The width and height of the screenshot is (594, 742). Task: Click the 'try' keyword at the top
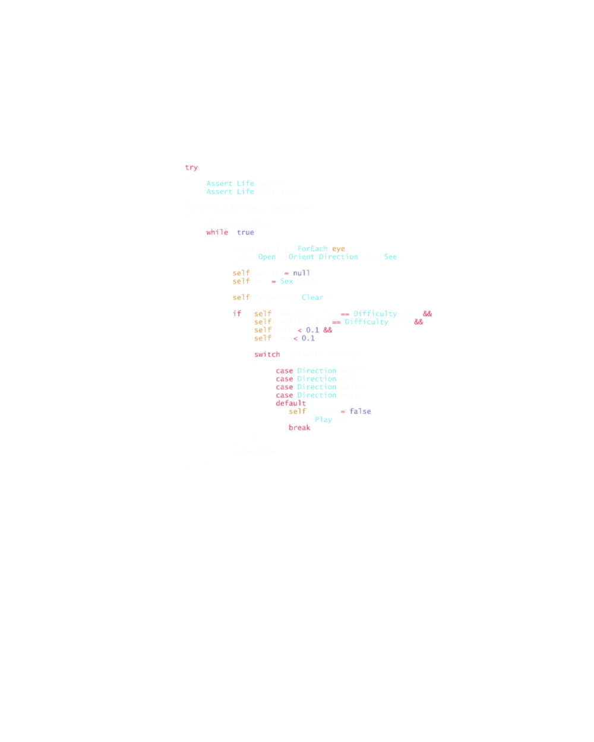tap(192, 168)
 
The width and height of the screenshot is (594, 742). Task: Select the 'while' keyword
tap(217, 233)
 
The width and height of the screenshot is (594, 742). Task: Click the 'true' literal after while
tap(245, 233)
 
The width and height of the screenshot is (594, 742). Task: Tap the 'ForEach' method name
tap(312, 249)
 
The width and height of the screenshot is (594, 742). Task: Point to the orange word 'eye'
tap(338, 249)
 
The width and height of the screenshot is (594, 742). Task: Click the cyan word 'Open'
tap(267, 257)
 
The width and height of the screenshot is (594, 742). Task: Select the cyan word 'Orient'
tap(301, 257)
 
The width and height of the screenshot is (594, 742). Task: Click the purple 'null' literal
tap(302, 273)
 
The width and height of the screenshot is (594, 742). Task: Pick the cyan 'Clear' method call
tap(312, 297)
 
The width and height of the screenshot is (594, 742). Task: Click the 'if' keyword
tap(237, 313)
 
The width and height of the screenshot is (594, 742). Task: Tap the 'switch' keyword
tap(267, 355)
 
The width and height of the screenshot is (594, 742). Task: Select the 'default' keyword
tap(291, 404)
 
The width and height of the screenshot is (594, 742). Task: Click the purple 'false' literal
tap(361, 411)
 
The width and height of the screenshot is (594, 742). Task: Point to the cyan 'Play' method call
tap(323, 420)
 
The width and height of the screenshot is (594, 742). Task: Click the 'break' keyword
tap(300, 427)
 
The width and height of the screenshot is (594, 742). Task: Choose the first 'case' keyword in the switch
tap(285, 371)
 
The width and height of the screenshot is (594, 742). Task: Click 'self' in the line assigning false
tap(298, 411)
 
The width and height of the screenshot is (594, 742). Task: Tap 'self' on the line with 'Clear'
tap(241, 297)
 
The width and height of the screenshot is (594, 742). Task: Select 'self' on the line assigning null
tap(241, 273)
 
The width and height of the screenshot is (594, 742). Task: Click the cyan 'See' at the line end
tap(390, 257)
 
